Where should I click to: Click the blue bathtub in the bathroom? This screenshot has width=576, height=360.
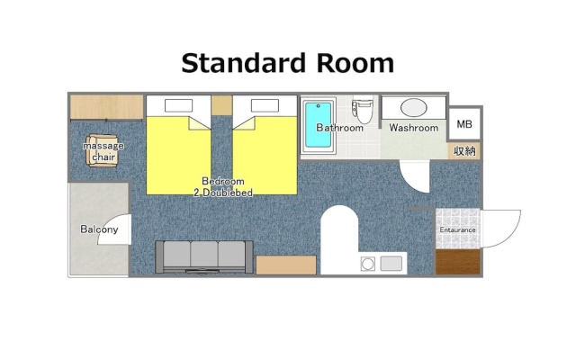click(318, 125)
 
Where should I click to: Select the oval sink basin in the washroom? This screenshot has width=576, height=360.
click(414, 108)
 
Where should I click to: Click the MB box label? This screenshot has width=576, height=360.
click(464, 124)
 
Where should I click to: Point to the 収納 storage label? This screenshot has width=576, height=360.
click(464, 150)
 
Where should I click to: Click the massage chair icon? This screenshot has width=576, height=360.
click(103, 150)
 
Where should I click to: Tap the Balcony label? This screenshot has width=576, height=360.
click(99, 229)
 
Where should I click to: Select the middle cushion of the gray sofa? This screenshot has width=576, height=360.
click(204, 254)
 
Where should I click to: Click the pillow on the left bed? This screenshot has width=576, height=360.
click(178, 106)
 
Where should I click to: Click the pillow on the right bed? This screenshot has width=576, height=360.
click(265, 106)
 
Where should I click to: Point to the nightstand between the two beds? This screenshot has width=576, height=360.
click(221, 105)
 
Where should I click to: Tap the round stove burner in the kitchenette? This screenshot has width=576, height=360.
click(368, 264)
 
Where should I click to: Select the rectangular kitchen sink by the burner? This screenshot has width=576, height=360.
click(391, 264)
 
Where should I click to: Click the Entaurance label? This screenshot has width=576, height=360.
click(458, 230)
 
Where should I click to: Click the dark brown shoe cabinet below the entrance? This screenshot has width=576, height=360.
click(458, 262)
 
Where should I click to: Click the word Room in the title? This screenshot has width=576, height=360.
click(355, 64)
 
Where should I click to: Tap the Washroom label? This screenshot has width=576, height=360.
click(414, 128)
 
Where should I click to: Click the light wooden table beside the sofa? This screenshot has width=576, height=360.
click(286, 265)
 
